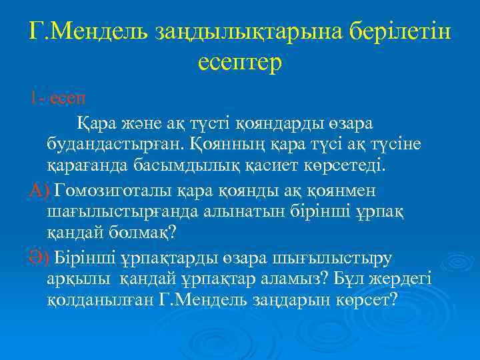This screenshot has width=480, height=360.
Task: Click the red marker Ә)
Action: [39, 257]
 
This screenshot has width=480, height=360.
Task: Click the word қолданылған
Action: [102, 299]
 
